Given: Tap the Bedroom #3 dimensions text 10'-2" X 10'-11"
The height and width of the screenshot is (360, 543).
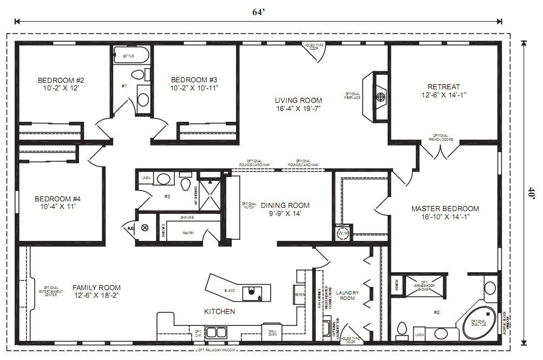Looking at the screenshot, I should [x=194, y=87].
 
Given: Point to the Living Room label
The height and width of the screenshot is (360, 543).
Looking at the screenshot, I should [x=298, y=100].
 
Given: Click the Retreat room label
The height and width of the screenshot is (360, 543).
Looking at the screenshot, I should [x=443, y=87].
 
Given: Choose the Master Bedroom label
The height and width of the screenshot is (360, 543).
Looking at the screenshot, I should [x=445, y=208].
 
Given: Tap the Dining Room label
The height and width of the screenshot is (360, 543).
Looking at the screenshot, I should [x=285, y=205].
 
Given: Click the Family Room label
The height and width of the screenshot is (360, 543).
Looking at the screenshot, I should [x=96, y=287].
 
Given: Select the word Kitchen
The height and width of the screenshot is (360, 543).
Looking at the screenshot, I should [x=219, y=311].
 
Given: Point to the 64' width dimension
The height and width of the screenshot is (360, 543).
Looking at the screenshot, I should [x=258, y=12].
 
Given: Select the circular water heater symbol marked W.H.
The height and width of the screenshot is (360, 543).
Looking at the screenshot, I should [x=342, y=233].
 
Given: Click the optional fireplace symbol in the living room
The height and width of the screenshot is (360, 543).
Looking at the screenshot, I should [x=381, y=97].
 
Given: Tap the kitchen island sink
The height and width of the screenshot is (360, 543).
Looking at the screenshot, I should [x=251, y=293].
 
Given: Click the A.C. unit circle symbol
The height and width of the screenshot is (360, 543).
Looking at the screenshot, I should [x=145, y=228].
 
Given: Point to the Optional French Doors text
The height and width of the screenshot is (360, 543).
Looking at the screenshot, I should [x=440, y=138].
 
